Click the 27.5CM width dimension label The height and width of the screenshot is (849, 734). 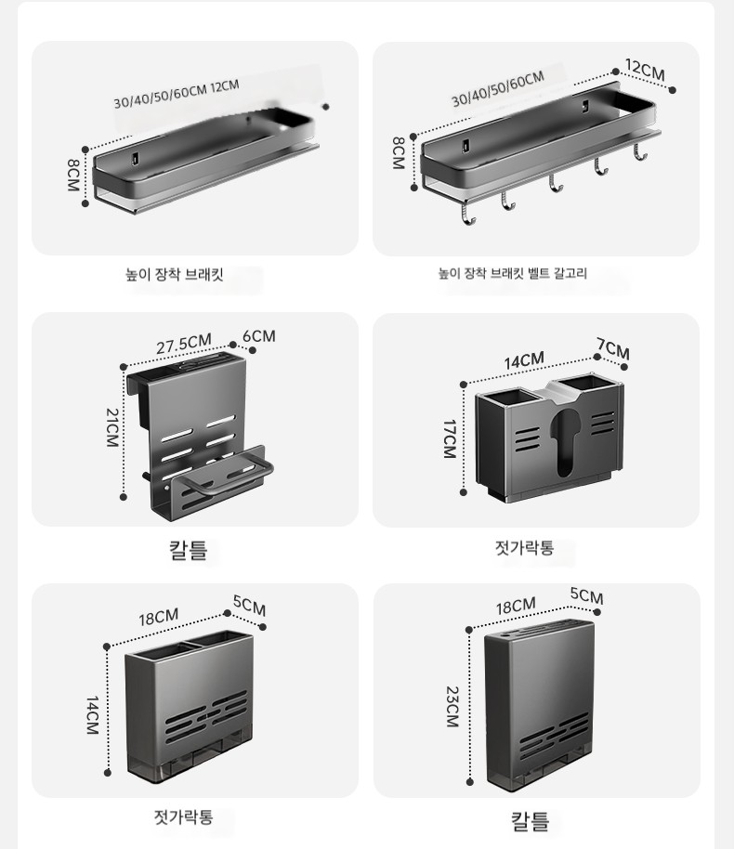coord(184,345)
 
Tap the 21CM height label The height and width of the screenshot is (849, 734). coord(112,427)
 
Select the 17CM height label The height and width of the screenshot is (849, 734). coord(450,439)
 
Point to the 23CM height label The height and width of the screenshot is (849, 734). coord(452,707)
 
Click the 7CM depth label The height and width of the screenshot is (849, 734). coord(613,348)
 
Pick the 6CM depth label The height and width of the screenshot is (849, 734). coord(259,336)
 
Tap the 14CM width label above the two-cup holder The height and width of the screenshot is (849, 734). coord(524,360)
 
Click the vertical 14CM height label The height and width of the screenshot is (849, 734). coord(93,715)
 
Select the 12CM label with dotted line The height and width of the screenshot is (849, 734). coord(645,70)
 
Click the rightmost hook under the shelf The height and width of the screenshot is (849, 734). coord(639,152)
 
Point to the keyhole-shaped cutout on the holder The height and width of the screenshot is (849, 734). coord(567,440)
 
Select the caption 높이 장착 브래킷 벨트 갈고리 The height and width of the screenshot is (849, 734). coord(513,273)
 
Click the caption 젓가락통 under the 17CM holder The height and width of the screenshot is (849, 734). coord(524,547)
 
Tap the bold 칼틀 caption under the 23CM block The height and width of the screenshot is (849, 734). coord(531,821)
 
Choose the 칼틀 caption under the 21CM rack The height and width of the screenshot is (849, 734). coord(188,550)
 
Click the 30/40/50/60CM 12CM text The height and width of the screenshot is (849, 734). coord(176,95)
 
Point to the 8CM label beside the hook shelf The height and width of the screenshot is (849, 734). coord(399,153)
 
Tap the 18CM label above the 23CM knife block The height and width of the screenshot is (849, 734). coord(516,606)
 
